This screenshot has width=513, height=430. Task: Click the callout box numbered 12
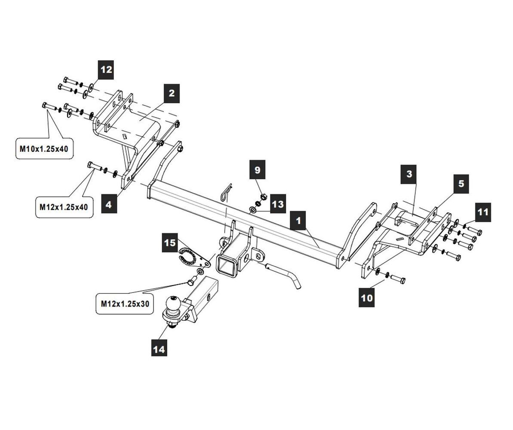106,69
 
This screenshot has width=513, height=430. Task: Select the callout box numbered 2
172,93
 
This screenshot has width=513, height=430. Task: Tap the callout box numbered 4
108,205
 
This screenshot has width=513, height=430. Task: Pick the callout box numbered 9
257,169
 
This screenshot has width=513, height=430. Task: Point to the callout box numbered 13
278,204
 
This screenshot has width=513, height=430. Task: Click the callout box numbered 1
298,221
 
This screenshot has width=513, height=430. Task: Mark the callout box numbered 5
461,184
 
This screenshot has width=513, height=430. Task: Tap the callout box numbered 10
367,298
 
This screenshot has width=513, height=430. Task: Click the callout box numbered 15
170,243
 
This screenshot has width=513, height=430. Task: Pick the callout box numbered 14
159,349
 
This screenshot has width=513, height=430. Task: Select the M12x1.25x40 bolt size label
64,207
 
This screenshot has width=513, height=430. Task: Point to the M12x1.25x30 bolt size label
125,304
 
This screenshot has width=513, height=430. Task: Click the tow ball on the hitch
175,304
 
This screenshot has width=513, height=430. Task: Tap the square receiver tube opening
227,264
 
